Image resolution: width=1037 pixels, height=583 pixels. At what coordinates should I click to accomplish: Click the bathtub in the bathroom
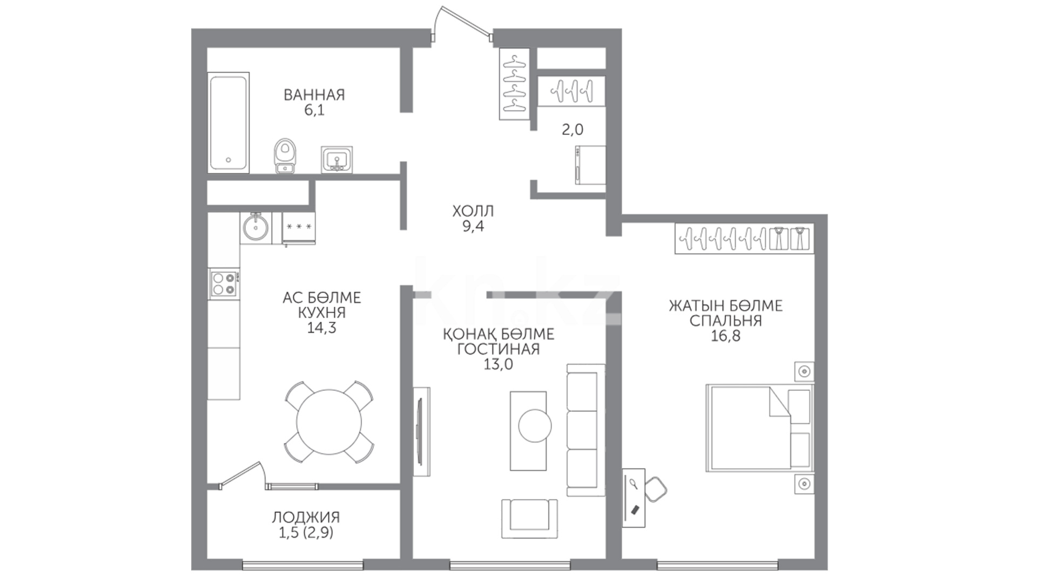coord(228,123)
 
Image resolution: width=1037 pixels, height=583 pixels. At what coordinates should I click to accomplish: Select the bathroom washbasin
coord(337,159)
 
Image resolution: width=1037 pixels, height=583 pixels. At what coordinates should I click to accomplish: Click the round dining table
coord(329,422)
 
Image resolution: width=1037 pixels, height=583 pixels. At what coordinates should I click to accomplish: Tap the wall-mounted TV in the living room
coord(421,431)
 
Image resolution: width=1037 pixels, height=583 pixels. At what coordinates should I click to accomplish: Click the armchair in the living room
coord(529,518)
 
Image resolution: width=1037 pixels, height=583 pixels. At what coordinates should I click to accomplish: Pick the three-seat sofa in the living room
coord(585,430)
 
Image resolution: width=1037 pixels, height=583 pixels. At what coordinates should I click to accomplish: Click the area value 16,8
coord(725,336)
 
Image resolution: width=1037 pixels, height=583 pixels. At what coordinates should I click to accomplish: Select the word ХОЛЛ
coord(473,211)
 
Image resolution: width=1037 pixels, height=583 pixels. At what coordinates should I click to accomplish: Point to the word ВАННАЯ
coord(314,95)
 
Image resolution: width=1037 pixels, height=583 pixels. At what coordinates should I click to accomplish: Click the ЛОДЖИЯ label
coord(306,517)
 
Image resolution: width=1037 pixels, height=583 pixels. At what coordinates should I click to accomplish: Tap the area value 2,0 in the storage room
coord(573,130)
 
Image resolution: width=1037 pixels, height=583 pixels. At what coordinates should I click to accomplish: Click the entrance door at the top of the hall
coord(462,22)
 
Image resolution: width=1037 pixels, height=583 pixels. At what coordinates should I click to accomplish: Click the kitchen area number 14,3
coord(321,328)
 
